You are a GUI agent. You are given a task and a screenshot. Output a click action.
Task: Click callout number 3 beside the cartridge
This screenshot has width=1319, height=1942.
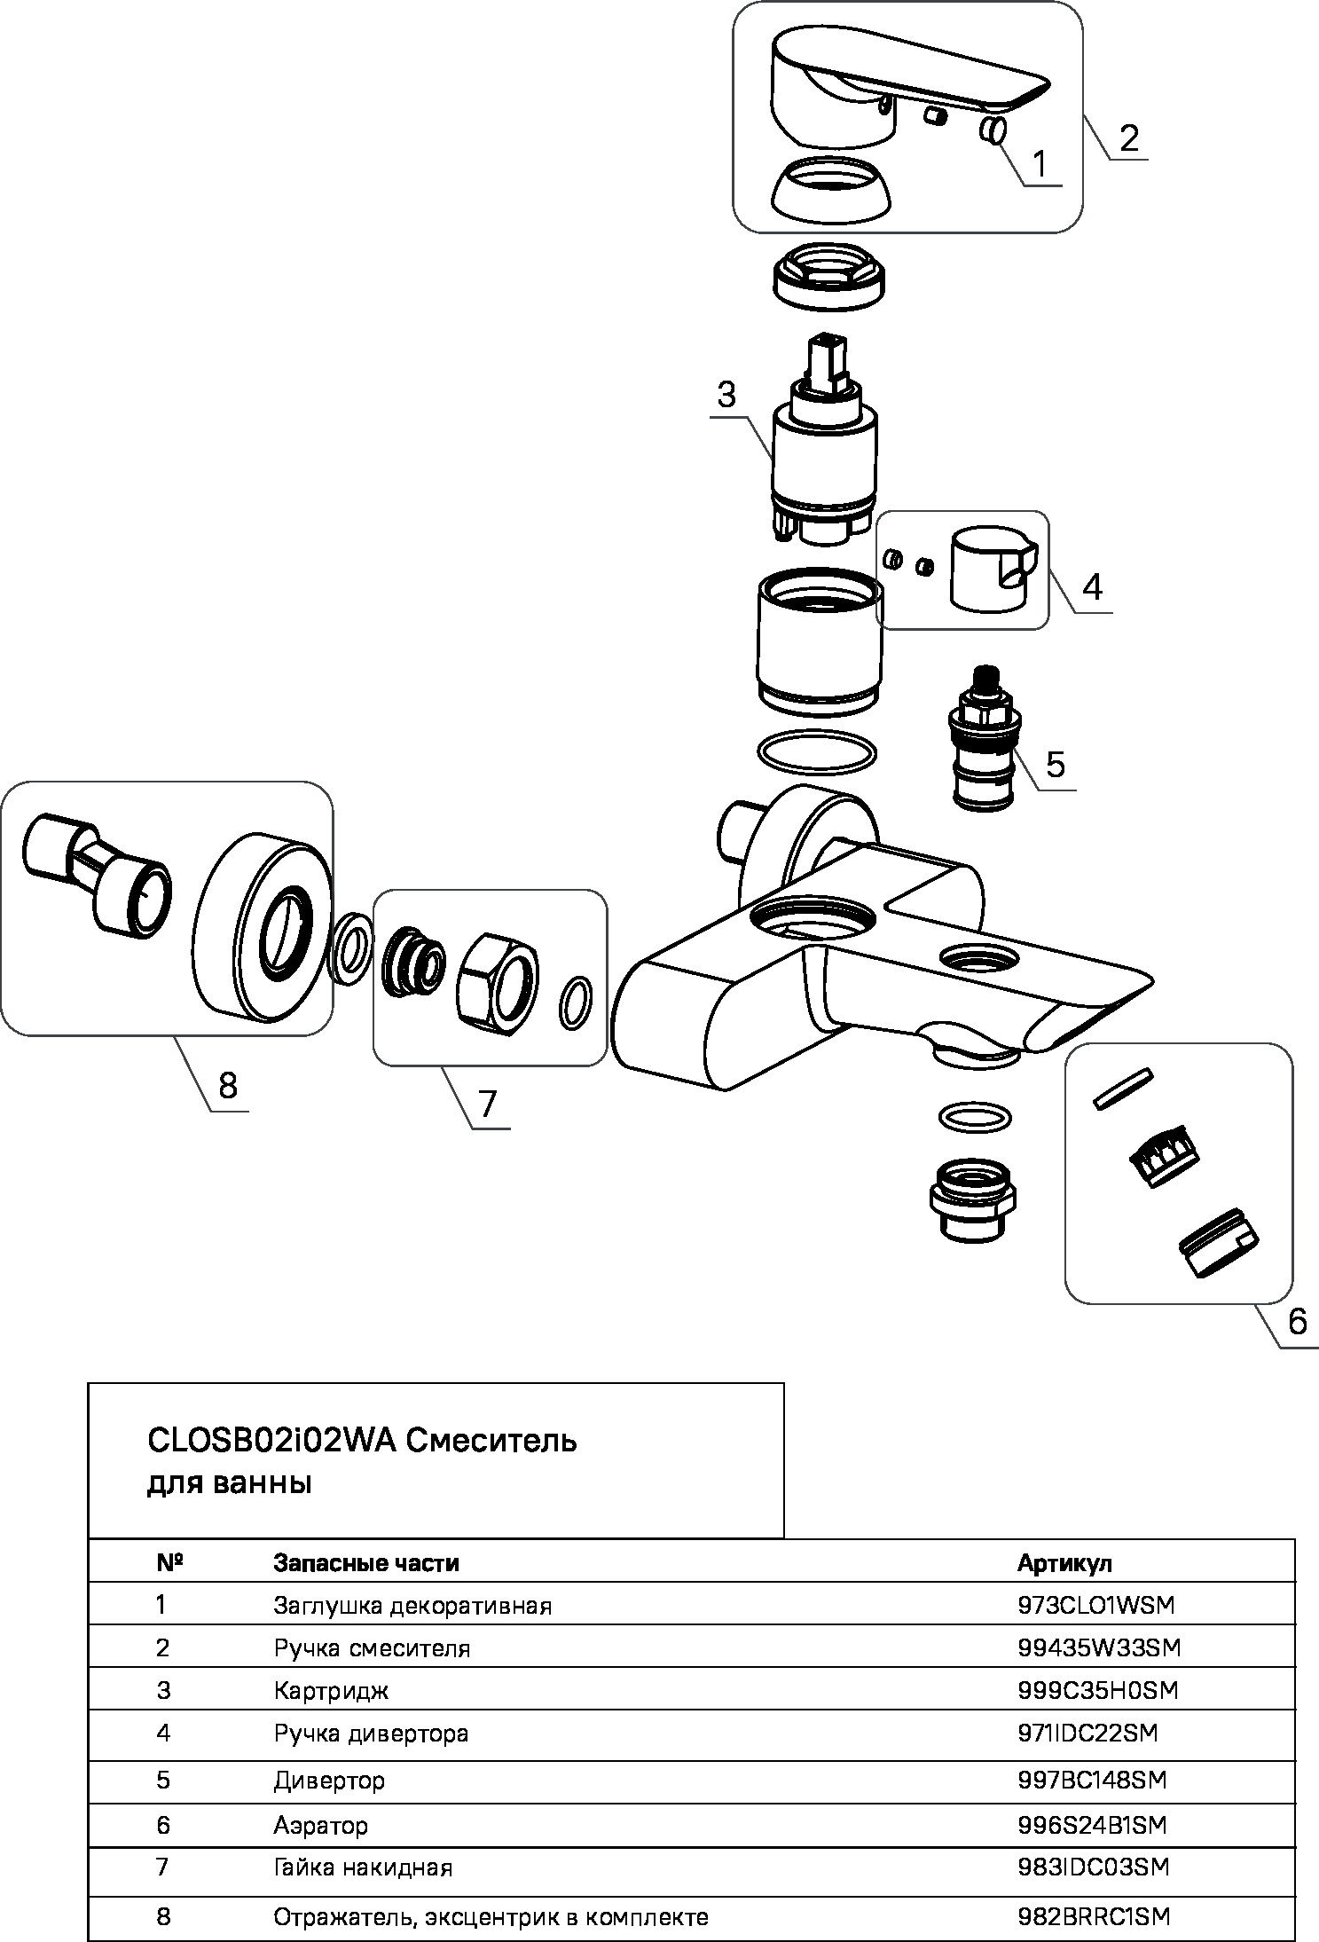(x=726, y=395)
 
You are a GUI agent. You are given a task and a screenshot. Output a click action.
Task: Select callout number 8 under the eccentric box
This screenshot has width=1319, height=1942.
(x=228, y=1084)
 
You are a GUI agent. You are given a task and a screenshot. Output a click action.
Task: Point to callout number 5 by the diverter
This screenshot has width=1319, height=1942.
(x=1055, y=763)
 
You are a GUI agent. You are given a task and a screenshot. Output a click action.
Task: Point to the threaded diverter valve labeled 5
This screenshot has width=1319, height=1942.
(x=982, y=737)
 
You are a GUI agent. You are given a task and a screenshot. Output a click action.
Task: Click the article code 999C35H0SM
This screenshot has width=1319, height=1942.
(x=1097, y=1690)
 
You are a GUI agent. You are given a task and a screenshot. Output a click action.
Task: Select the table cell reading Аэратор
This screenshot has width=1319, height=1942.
(x=320, y=1825)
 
